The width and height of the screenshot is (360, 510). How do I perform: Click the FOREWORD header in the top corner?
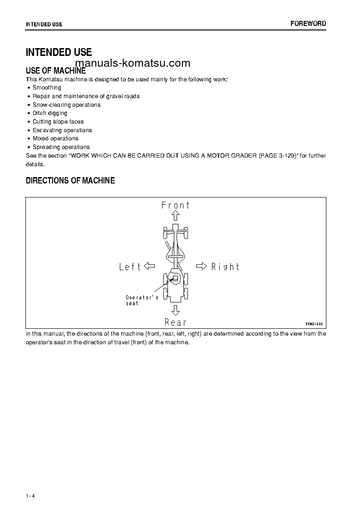click(x=308, y=24)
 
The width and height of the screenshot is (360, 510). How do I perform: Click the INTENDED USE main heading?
click(x=59, y=52)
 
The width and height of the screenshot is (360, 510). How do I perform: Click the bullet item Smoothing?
click(x=47, y=88)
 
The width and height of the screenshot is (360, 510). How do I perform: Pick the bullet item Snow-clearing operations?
click(x=66, y=105)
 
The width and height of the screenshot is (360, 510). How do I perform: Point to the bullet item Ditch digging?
click(x=50, y=113)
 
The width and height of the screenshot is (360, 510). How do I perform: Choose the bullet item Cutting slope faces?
click(x=58, y=122)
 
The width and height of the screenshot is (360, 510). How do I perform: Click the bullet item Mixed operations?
click(x=55, y=139)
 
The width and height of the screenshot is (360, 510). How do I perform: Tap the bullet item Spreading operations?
click(x=61, y=147)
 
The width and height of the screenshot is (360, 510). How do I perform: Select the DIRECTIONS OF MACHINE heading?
click(x=70, y=181)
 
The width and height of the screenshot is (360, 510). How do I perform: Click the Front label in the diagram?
click(x=176, y=205)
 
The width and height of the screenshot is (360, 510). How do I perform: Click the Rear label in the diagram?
click(x=176, y=322)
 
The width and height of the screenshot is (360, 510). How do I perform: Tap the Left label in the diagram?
click(x=130, y=267)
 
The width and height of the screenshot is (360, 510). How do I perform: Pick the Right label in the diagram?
click(x=225, y=267)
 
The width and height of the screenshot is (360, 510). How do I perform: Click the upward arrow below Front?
click(x=176, y=216)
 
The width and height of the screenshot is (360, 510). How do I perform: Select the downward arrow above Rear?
click(x=176, y=310)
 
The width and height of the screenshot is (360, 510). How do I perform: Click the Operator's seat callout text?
click(x=142, y=300)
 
